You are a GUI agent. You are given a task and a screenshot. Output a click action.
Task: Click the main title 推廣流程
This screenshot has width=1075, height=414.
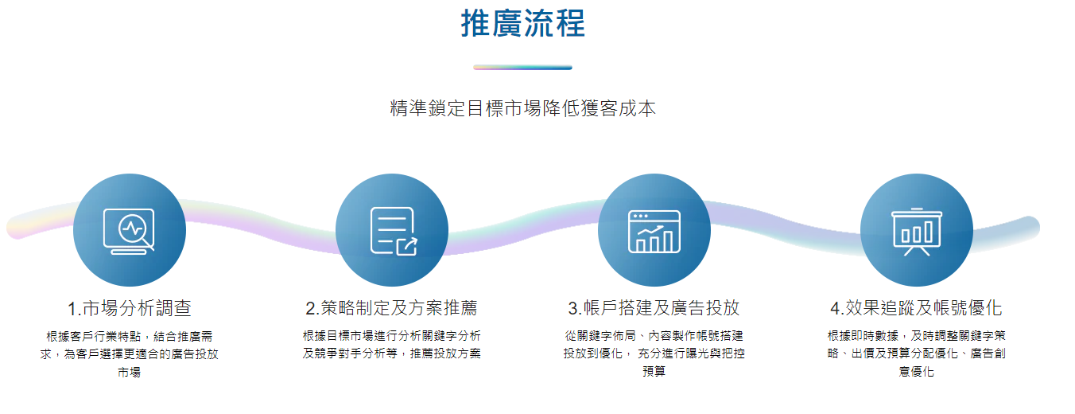coord(522,24)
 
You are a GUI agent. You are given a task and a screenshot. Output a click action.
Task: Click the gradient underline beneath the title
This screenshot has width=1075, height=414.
coord(522,68)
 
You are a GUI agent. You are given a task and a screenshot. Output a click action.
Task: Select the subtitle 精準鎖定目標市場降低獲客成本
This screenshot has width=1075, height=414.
coord(522,108)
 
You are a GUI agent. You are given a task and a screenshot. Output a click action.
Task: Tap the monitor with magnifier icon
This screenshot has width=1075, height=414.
coord(129,231)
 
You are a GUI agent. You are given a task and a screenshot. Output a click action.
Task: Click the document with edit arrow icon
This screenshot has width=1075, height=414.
coord(394,231)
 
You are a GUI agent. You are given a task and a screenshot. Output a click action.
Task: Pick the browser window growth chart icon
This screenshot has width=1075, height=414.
coord(654,232)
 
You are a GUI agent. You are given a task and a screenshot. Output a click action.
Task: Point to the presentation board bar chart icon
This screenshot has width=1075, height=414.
coord(917,232)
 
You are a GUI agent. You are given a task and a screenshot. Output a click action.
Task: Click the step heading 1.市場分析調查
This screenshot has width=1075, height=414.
coord(129,308)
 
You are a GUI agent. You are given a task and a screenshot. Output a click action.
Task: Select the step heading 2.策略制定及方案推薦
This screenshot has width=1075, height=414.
coord(392,308)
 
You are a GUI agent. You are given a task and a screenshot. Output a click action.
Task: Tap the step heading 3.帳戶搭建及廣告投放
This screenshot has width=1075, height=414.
coord(654,308)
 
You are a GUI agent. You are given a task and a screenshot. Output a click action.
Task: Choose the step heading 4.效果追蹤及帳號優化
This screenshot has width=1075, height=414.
coord(916,308)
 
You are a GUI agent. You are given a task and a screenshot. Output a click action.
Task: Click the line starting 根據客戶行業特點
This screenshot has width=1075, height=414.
coord(129,336)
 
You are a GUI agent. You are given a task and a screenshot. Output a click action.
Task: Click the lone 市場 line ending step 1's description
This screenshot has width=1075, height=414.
coord(129,373)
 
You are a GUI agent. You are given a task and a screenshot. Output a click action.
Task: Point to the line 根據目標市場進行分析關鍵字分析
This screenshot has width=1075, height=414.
coord(392,336)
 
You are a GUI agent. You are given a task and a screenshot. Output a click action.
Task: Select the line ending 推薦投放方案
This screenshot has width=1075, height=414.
coord(392,353)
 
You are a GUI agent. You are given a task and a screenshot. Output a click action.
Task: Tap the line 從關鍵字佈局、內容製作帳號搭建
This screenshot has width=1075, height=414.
coord(654,336)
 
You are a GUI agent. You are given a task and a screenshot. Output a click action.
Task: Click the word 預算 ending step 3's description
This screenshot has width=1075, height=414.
coord(654,371)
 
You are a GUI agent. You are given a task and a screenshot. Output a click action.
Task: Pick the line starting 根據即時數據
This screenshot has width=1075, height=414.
coord(916,336)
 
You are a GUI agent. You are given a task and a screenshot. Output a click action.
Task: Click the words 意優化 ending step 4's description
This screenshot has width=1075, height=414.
coord(916,371)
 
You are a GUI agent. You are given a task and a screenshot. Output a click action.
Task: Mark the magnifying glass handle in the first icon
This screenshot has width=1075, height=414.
coord(148,244)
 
